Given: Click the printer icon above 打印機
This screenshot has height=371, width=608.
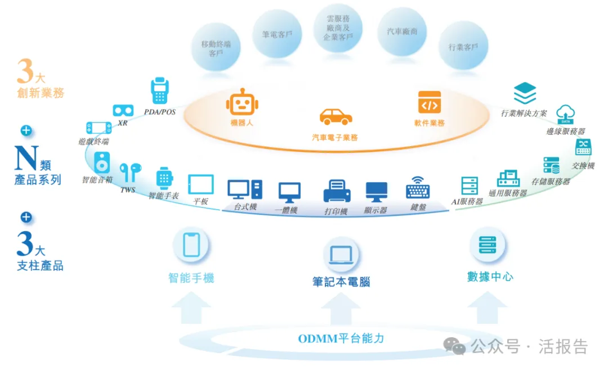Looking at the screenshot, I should click(x=337, y=191).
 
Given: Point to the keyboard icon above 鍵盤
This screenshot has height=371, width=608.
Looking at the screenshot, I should click(x=418, y=188).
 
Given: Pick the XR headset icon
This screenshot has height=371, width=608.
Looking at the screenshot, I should click(x=123, y=110).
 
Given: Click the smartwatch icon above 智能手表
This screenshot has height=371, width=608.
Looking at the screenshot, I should click(x=164, y=178).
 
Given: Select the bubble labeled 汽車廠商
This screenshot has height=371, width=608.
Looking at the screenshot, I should click(x=402, y=31).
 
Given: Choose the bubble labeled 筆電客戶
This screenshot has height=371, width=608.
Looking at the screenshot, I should click(x=276, y=34).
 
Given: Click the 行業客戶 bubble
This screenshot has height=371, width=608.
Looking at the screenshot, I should click(x=463, y=47).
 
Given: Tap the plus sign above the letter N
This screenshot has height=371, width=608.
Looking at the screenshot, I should click(x=26, y=131).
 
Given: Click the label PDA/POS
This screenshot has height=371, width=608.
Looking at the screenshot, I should click(x=160, y=112).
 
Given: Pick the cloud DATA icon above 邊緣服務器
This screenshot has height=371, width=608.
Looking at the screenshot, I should click(x=565, y=114).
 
